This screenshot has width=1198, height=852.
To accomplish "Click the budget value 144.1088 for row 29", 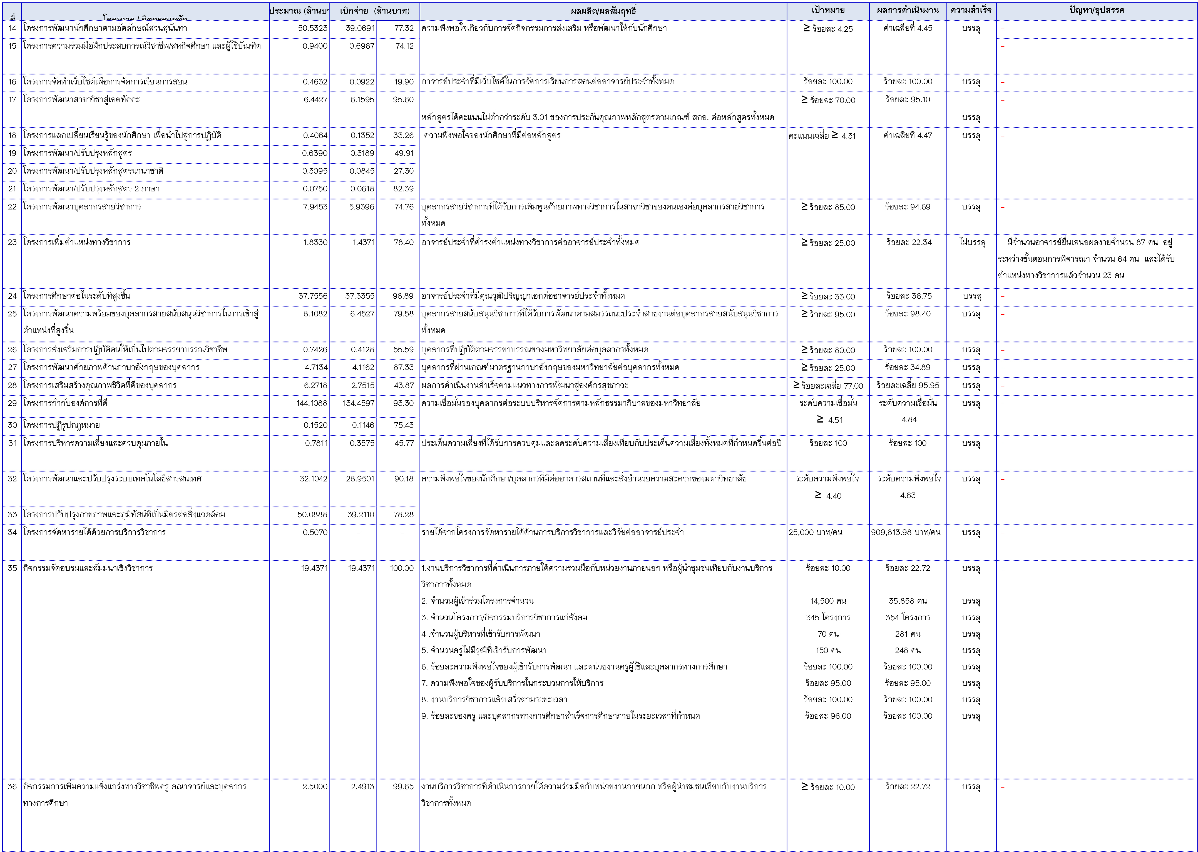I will [x=312, y=403].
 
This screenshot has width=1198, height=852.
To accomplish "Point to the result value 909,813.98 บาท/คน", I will [x=906, y=532].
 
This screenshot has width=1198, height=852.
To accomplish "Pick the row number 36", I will [x=12, y=786].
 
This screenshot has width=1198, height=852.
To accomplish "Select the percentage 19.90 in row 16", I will [x=404, y=81].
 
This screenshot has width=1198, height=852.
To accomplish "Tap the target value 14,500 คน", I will [x=828, y=601].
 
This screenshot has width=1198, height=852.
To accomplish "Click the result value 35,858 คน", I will [x=908, y=601].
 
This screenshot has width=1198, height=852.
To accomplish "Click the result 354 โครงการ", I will [x=908, y=617].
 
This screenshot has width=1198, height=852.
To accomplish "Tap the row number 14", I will [x=12, y=28].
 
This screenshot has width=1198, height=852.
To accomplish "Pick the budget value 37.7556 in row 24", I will [x=313, y=296].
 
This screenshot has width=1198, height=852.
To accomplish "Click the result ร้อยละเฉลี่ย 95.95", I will [x=908, y=385].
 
